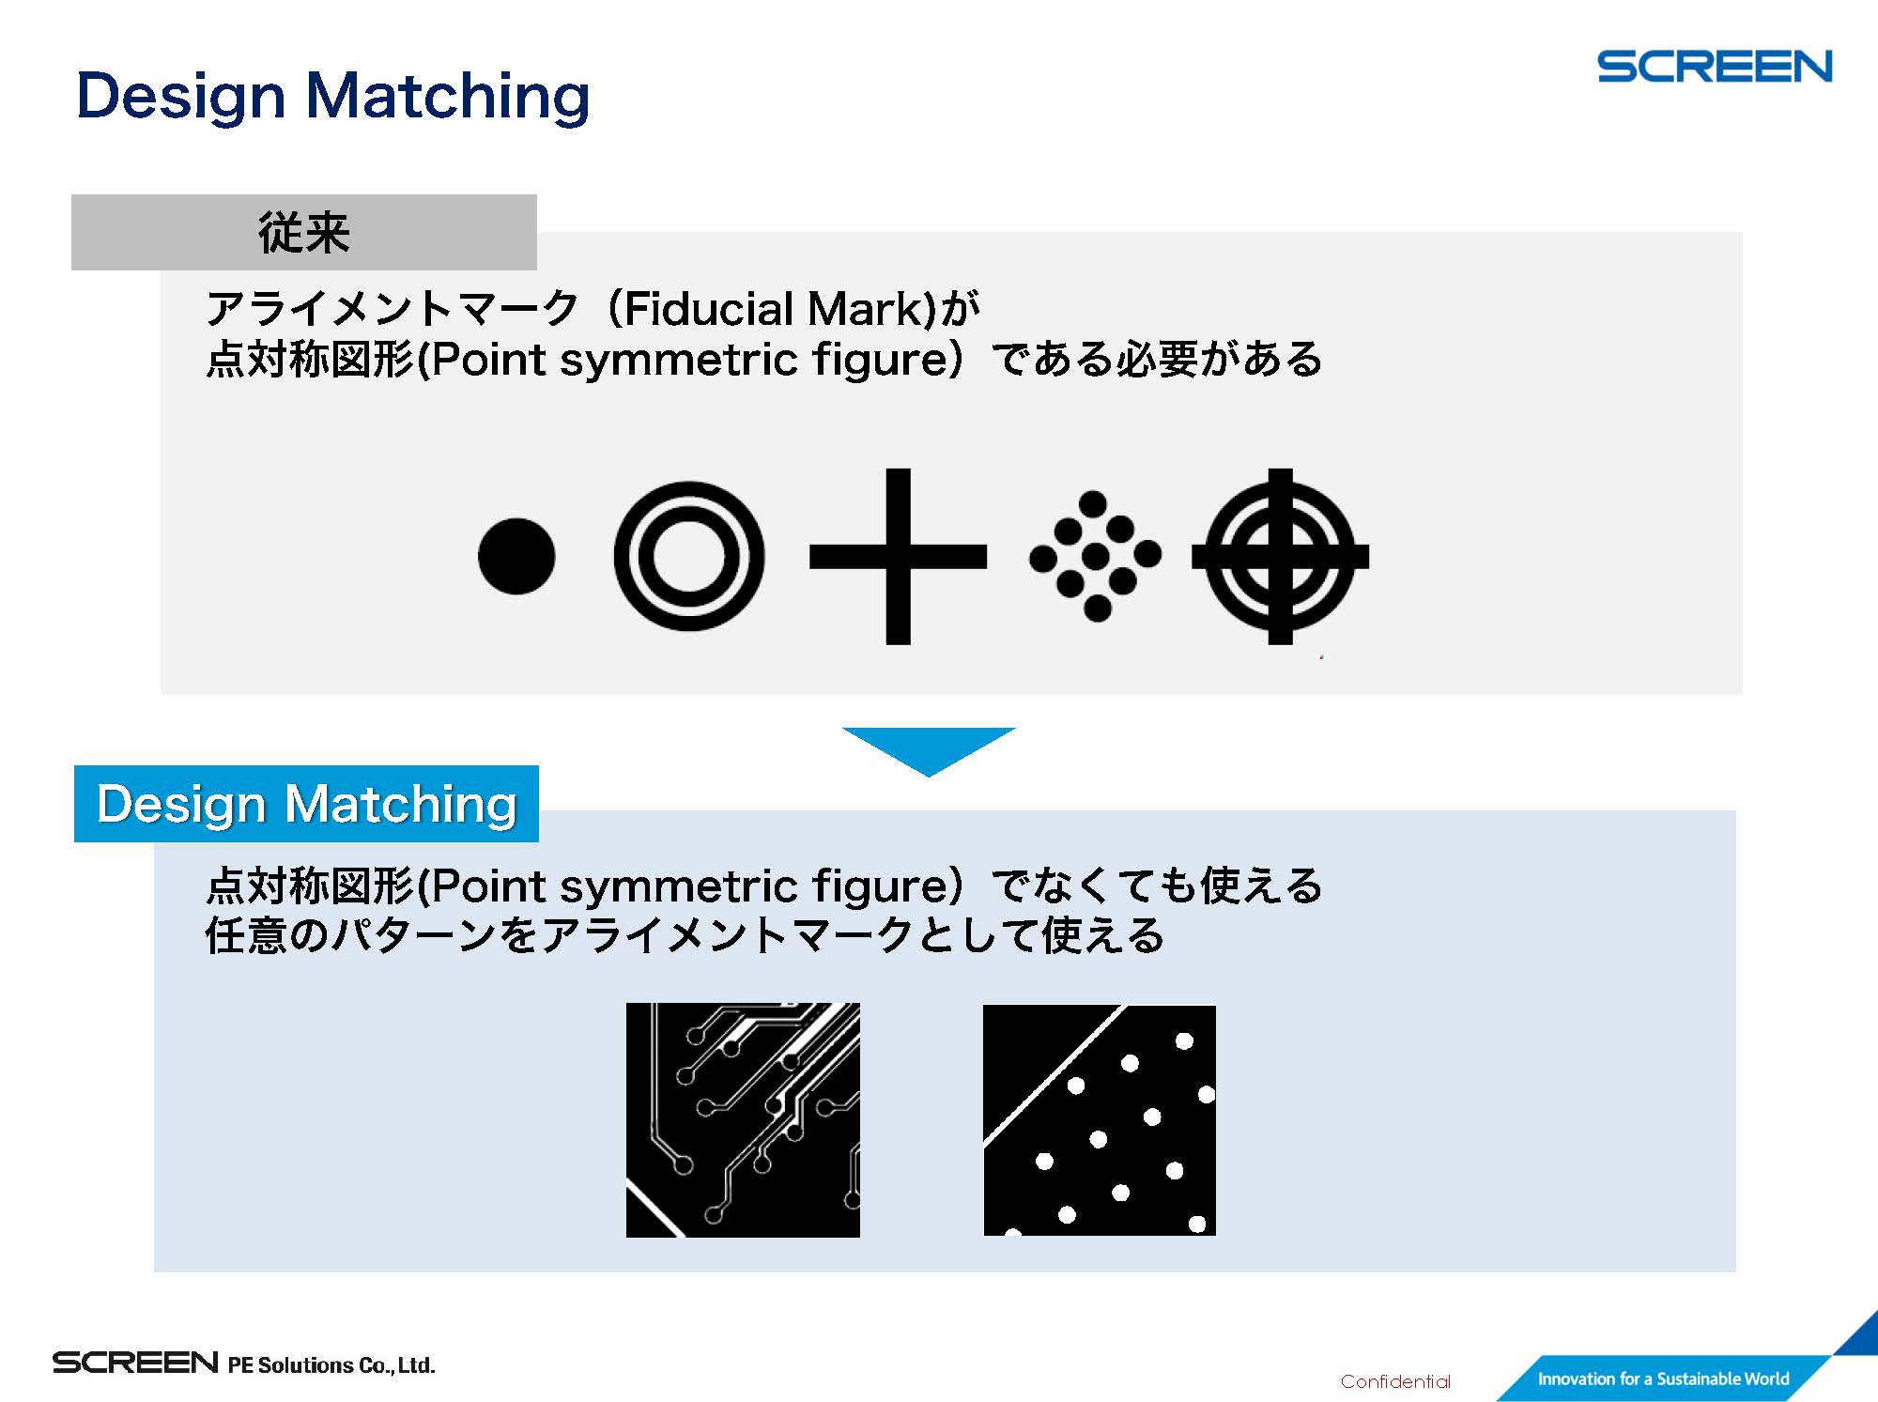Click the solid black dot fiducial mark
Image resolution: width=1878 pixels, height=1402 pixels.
point(516,556)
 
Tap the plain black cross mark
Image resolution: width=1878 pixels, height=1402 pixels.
point(898,556)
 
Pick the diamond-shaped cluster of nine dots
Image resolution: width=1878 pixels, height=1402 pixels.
point(1095,556)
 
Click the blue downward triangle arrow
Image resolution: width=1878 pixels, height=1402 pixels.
point(929,751)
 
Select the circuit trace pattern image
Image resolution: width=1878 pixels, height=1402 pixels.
point(743,1119)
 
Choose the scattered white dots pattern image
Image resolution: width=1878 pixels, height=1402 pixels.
point(1100,1119)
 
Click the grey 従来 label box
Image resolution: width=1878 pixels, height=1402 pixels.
point(304,232)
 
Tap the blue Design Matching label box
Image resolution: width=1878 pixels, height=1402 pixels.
point(306,804)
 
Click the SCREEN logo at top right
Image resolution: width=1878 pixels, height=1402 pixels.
point(1715,67)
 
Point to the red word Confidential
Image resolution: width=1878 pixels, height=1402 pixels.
point(1395,1381)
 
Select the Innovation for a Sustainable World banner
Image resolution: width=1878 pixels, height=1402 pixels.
point(1663,1379)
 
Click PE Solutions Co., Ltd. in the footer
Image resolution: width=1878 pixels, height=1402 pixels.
point(331,1364)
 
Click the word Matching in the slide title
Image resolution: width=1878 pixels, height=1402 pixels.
point(448,97)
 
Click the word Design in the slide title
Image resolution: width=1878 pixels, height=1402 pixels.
point(181,97)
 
